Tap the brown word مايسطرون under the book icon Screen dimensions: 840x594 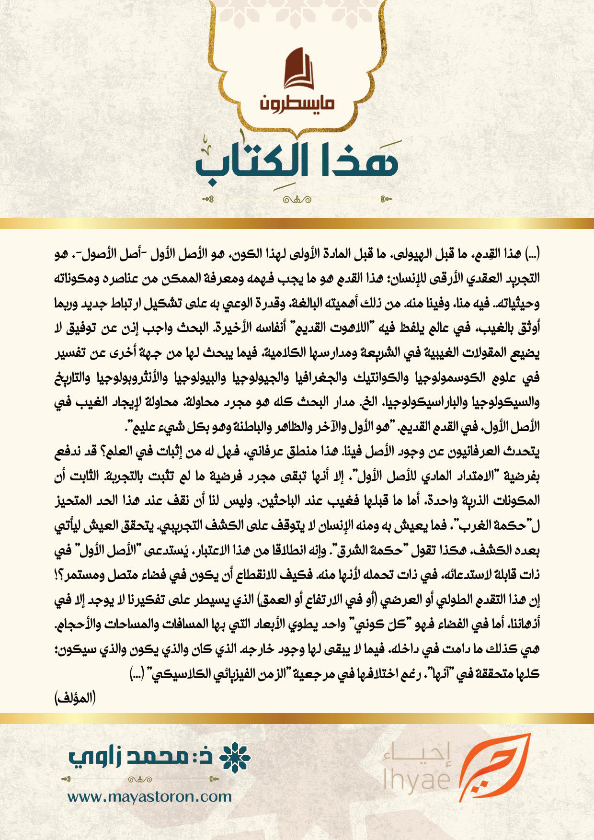pyautogui.click(x=297, y=103)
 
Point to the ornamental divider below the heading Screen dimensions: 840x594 pyautogui.click(x=297, y=199)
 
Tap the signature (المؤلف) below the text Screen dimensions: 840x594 pyautogui.click(x=75, y=698)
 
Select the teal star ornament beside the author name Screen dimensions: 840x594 pyautogui.click(x=235, y=758)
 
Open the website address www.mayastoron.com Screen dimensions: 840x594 pyautogui.click(x=149, y=797)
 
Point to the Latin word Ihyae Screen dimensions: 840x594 pyautogui.click(x=417, y=779)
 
